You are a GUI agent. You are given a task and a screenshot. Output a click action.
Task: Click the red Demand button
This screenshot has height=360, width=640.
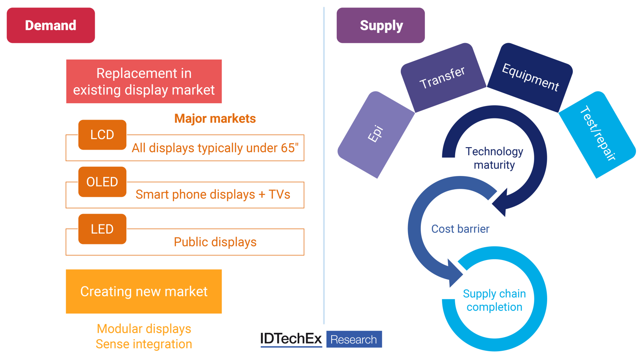51,25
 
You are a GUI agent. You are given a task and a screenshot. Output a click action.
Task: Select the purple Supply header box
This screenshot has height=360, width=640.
380,25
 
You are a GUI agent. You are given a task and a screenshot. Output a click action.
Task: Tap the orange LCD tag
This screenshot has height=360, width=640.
102,135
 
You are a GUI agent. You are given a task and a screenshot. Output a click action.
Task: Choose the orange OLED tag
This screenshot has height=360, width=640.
102,182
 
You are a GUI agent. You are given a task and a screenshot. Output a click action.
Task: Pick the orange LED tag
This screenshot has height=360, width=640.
102,229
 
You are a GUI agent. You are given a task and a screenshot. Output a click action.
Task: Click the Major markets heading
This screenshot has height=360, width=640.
215,118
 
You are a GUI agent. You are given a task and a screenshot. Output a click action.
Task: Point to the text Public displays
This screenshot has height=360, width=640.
215,242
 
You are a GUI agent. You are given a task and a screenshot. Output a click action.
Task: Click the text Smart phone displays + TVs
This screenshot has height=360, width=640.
213,194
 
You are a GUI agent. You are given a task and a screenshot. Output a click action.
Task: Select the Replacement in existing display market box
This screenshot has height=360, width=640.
144,82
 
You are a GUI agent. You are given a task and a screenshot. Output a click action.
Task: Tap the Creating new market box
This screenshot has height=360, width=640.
144,291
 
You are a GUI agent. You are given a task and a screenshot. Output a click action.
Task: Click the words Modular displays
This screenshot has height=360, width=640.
144,328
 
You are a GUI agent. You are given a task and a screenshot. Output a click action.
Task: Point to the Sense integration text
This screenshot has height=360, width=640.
144,344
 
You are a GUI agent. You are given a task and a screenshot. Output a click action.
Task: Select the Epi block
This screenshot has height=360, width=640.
376,134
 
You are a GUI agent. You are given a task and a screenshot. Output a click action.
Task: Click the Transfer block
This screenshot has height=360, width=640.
443,78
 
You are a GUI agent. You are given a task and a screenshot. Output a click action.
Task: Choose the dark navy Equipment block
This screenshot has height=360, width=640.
530,78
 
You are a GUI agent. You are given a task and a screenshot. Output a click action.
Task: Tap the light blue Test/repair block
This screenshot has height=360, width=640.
597,134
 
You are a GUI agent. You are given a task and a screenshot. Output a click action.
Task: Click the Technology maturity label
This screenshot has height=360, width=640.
494,158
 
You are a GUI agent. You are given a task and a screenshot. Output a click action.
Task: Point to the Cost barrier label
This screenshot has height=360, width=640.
460,229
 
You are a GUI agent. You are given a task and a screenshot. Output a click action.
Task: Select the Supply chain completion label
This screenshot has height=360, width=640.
494,300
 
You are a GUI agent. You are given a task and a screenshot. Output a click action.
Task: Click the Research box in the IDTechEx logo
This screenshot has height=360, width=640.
354,339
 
